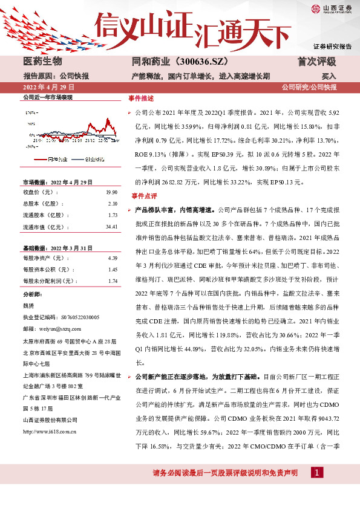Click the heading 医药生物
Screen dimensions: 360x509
pos(42,62)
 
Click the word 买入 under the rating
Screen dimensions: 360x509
pos(329,77)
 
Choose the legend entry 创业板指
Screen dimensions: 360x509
pos(94,160)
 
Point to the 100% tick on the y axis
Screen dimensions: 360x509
pos(27,113)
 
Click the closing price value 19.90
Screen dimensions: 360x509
pos(111,192)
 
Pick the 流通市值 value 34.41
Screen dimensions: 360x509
pos(111,227)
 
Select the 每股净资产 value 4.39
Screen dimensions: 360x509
pos(113,258)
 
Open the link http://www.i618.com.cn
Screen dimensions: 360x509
pos(49,432)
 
